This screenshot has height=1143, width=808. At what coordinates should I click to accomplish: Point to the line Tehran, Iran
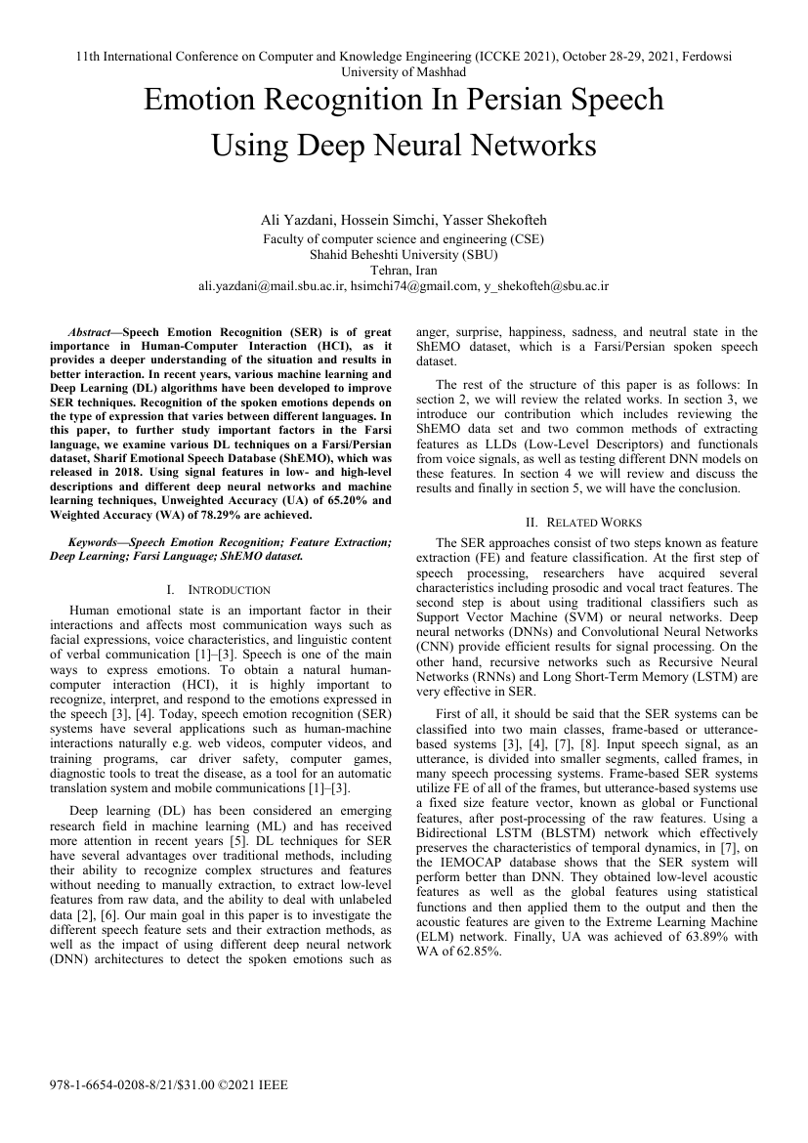pos(404,271)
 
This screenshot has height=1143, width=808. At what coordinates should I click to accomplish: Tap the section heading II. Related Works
pos(586,523)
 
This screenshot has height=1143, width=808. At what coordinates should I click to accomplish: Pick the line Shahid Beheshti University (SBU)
pos(404,255)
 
